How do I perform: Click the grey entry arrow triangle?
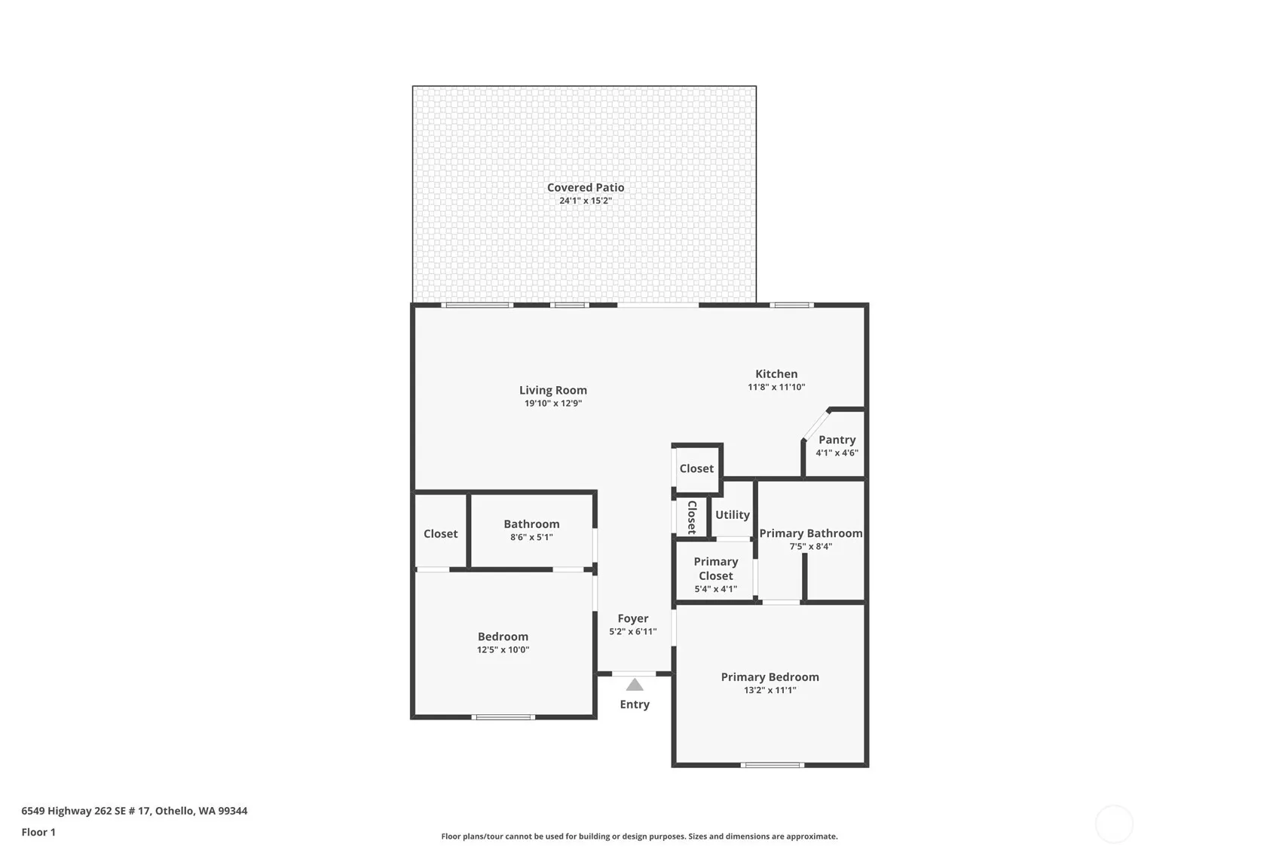click(635, 685)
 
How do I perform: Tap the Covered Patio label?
click(586, 187)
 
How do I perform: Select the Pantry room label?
click(837, 440)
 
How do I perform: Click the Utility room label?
click(733, 515)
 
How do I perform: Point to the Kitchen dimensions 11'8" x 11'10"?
click(776, 387)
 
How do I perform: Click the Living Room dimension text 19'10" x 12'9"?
click(553, 403)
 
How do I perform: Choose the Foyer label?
click(632, 618)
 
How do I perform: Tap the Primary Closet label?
click(716, 569)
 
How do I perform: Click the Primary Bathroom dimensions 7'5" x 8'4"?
click(811, 547)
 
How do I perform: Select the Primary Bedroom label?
click(770, 677)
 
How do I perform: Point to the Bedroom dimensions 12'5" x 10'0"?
click(503, 649)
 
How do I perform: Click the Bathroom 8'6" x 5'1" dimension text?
click(531, 537)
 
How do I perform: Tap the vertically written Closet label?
click(692, 517)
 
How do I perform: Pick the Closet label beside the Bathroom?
click(440, 534)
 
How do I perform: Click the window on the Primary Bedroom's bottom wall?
click(773, 765)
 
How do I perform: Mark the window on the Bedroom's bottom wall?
click(503, 717)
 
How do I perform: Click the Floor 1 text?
click(39, 832)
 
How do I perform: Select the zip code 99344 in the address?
click(232, 811)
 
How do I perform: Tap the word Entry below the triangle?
click(635, 704)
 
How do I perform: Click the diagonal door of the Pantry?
click(816, 425)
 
